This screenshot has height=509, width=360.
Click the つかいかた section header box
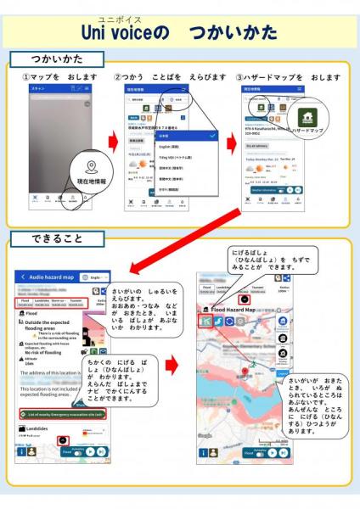(57, 59)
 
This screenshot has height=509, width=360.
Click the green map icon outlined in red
(205, 323)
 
